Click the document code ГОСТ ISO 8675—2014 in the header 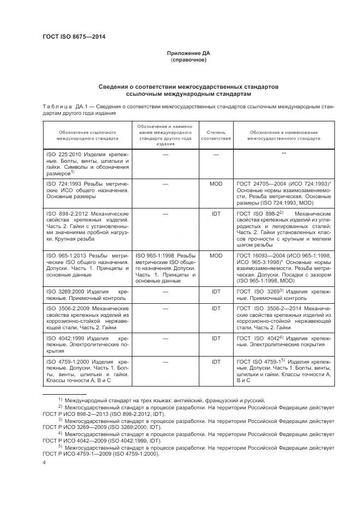tap(74, 37)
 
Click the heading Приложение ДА tap(188, 53)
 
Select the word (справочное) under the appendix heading tap(188, 60)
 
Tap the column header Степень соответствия tap(216, 136)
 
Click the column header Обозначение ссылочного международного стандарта tap(87, 136)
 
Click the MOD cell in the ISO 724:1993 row tap(216, 184)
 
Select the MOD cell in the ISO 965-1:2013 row tap(216, 255)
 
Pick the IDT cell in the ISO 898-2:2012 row tap(216, 214)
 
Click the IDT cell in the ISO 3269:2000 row tap(216, 292)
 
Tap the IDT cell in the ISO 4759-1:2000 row tap(216, 360)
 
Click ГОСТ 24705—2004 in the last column tap(259, 184)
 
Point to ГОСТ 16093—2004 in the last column tap(259, 255)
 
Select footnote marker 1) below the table tap(60, 400)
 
